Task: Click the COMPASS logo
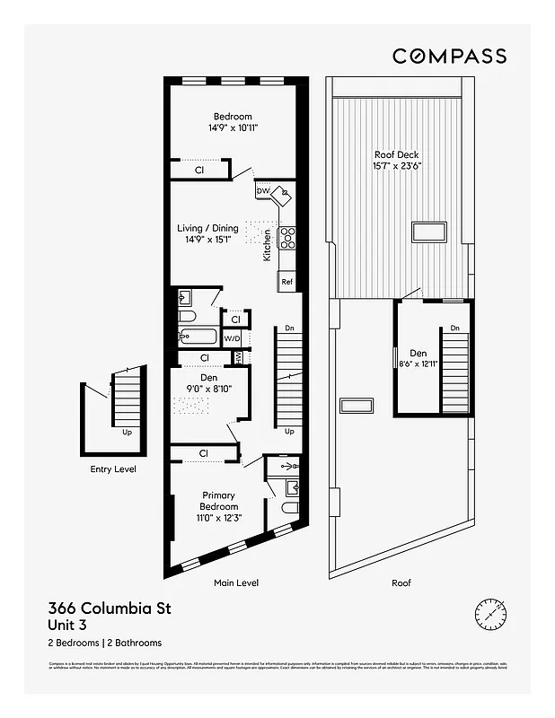coord(449,56)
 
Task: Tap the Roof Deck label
coord(397,154)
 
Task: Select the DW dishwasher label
coord(262,191)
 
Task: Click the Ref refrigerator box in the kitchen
coord(286,282)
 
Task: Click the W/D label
coord(232,338)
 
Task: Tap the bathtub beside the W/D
coord(198,338)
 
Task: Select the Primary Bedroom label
coord(218,501)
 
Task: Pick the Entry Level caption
coord(113,468)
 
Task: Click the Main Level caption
coord(236,582)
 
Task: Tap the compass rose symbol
coord(490,614)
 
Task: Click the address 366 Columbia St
coord(109,609)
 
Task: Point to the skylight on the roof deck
coord(429,232)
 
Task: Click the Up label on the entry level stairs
coord(128,433)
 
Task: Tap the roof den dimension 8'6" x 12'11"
coord(418,363)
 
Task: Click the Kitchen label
coord(267,244)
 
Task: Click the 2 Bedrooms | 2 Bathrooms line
coord(104,643)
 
